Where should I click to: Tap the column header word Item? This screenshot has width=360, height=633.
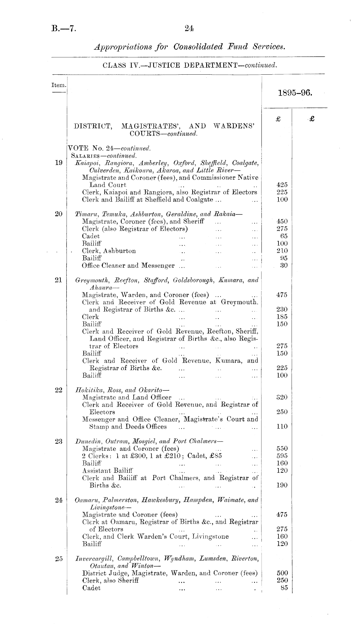(59, 86)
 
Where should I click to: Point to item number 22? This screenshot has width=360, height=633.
(58, 390)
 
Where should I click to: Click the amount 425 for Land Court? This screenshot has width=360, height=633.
(282, 185)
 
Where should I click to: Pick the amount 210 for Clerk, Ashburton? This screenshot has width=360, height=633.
(282, 251)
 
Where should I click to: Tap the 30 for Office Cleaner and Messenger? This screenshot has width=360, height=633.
(284, 266)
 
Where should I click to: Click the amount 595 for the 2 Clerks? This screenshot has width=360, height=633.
(282, 456)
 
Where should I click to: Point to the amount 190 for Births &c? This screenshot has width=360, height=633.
(282, 485)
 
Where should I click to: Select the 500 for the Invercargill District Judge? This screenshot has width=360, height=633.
(282, 573)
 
